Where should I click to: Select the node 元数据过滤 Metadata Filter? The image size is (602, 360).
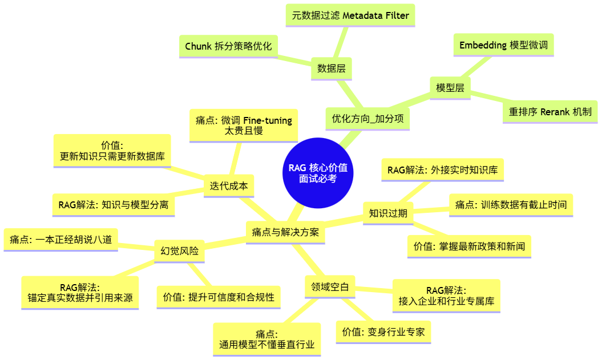[x=350, y=15]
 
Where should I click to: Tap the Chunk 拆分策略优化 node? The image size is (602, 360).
[x=228, y=46]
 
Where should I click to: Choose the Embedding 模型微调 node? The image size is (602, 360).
[x=503, y=45]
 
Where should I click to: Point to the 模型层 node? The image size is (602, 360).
[x=450, y=88]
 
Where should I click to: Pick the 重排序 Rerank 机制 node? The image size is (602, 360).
[x=550, y=111]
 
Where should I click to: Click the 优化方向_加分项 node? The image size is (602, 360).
[x=367, y=119]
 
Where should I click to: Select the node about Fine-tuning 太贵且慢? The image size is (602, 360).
[x=244, y=126]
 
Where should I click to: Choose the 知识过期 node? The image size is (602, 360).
[x=388, y=213]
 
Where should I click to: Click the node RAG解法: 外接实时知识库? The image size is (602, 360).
[x=442, y=169]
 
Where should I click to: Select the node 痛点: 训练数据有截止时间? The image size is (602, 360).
[x=511, y=205]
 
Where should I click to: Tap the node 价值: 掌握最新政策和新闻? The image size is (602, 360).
[x=469, y=246]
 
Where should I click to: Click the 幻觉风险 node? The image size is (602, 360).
[x=180, y=250]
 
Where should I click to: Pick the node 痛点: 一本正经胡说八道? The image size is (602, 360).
[x=61, y=240]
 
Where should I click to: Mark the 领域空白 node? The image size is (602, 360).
[x=330, y=287]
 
